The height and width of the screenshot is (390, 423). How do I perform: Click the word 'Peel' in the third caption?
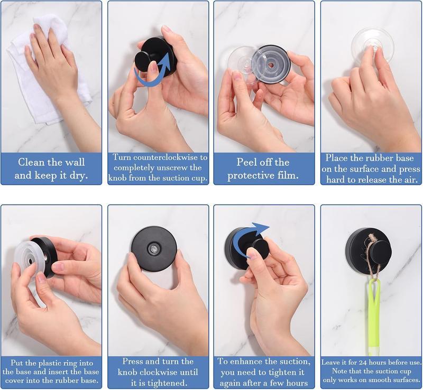click(249, 162)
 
